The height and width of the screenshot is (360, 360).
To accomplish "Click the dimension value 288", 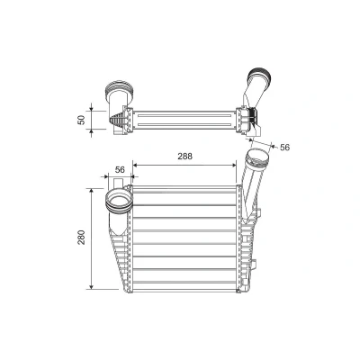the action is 184,157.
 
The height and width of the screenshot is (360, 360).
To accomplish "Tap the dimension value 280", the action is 82,238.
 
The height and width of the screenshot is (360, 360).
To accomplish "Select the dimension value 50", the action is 81,120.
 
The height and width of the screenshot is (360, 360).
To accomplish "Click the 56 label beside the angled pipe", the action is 284,147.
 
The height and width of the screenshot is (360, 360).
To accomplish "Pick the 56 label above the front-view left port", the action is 120,170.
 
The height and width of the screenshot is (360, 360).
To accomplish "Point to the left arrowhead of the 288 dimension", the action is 135,165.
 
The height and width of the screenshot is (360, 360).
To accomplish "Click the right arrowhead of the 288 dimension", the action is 234,165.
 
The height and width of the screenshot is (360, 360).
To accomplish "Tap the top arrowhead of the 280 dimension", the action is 92,191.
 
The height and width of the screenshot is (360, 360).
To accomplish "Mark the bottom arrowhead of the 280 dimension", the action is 92,287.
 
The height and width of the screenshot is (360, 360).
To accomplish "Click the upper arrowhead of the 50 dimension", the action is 92,109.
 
